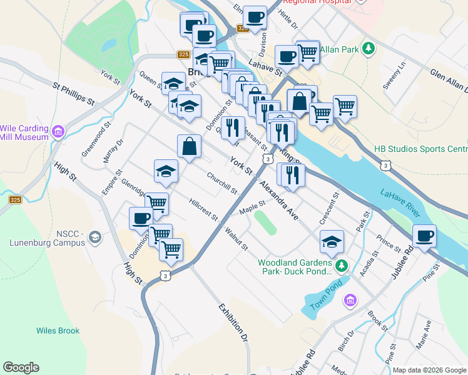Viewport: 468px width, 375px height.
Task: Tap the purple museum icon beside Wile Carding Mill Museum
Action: point(59,132)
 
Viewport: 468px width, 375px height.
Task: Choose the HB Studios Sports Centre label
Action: point(420,149)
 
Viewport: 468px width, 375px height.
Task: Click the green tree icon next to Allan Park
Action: point(369,48)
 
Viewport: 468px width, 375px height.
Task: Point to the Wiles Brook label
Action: point(58,331)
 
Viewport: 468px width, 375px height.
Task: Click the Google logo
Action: point(21,367)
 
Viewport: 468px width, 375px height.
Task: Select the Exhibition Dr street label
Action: point(233,323)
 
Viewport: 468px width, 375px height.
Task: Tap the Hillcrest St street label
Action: point(203,210)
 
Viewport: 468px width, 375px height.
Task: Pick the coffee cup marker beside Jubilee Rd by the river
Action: point(425,236)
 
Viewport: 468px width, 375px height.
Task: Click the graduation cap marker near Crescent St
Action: point(332,241)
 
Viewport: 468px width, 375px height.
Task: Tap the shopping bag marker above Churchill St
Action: point(189,147)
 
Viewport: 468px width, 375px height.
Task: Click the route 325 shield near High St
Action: point(16,200)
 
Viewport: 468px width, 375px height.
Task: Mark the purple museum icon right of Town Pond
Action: point(350,302)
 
